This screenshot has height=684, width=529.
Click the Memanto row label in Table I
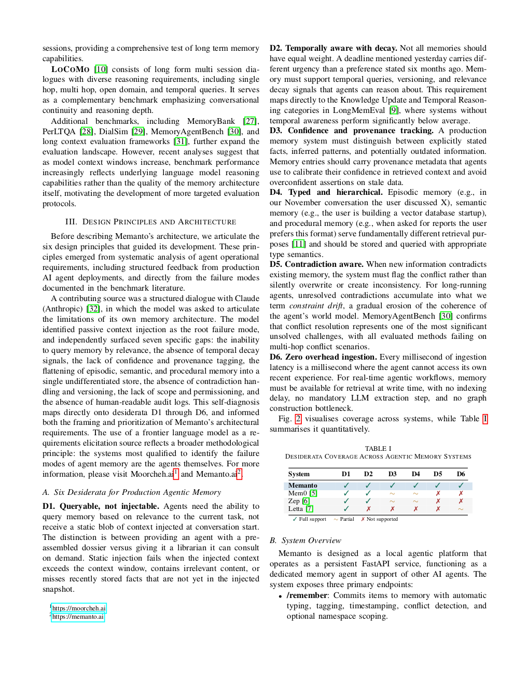[x=302, y=486]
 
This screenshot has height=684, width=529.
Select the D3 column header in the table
[x=392, y=474]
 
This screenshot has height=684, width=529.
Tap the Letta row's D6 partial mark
[x=461, y=509]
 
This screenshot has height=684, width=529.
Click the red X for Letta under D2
[x=368, y=509]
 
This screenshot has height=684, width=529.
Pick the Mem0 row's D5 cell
[x=438, y=493]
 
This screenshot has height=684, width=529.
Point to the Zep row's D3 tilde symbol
[x=392, y=501]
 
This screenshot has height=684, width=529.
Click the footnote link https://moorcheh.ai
[x=79, y=608]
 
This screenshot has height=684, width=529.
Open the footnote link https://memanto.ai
[x=78, y=617]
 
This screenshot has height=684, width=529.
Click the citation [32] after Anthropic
[x=93, y=309]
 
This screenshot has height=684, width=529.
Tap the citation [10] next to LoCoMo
[x=101, y=69]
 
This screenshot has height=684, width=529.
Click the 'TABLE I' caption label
[x=378, y=448]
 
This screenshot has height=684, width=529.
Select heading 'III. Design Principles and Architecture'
[x=150, y=222]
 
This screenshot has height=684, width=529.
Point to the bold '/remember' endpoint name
[x=307, y=595]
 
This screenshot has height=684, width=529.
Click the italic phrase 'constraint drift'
[x=316, y=306]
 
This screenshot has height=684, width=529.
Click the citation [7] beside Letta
[x=309, y=509]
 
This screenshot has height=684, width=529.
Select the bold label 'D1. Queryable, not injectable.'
[x=101, y=506]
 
